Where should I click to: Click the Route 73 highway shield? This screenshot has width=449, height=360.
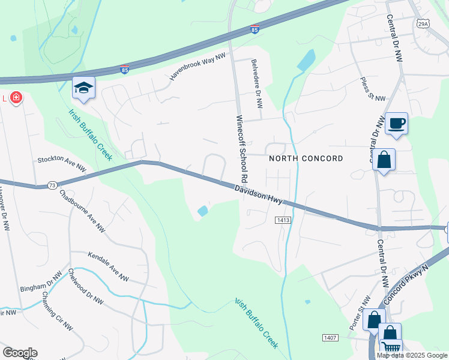pos(52,185)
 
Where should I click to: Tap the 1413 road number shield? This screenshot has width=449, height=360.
pos(284,221)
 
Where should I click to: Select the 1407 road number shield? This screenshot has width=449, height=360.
pos(330,339)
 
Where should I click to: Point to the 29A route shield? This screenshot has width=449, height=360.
pos(423,23)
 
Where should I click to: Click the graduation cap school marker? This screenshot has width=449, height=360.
pos(84,88)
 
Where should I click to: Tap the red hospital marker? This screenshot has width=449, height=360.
pos(15,97)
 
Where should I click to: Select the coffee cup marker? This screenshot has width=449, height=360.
pos(396,124)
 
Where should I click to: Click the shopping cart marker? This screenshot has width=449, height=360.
pos(391,347)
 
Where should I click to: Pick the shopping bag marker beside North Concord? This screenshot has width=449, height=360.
pos(384,160)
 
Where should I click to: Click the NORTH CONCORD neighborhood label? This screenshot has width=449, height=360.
pos(306,158)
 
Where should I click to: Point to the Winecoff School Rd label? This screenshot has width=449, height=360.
pos(242,149)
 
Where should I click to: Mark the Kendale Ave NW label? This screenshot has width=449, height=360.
pos(109,267)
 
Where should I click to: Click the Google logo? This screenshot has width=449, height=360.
pos(20,353)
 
